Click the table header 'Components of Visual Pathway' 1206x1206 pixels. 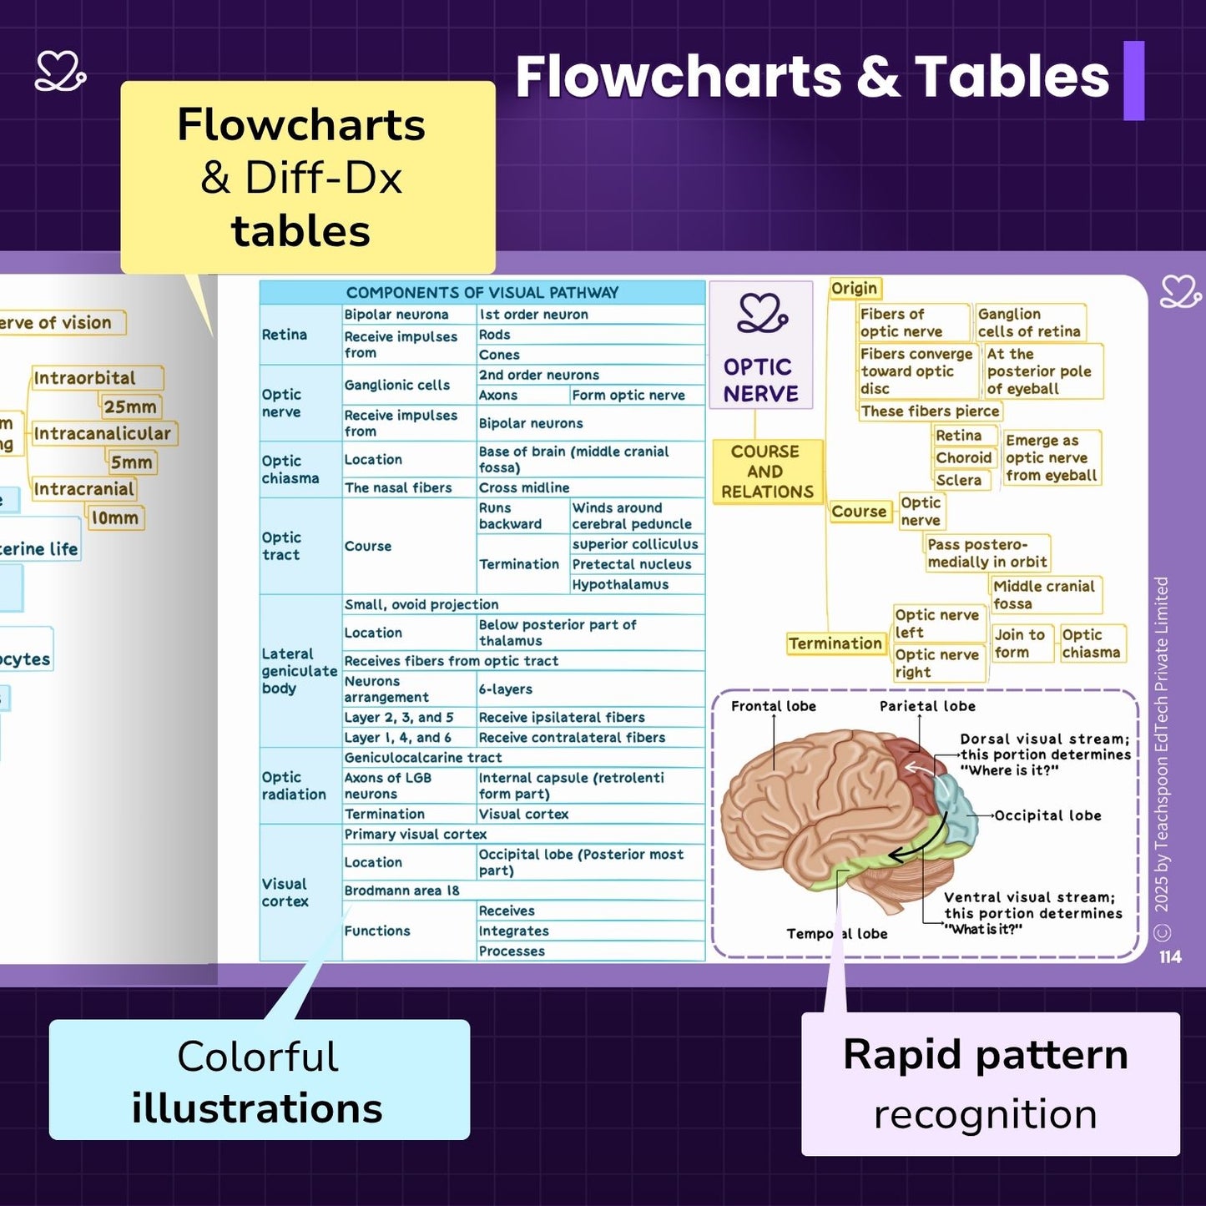pos(482,292)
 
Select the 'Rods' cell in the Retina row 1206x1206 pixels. pos(494,335)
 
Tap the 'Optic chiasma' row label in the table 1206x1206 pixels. pos(290,469)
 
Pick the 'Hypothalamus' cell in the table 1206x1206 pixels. pos(620,584)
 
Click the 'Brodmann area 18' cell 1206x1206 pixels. pos(401,891)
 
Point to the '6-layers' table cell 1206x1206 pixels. pos(505,689)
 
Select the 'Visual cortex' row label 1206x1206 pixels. pos(285,892)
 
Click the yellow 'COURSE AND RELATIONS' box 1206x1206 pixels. pos(766,472)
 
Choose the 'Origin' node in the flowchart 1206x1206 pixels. pos(854,289)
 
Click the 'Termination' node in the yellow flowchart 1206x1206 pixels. pos(835,643)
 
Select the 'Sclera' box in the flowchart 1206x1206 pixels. pos(958,480)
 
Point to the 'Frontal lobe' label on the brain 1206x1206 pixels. pos(773,706)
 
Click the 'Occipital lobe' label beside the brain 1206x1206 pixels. pos(1047,815)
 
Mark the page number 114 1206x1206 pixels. pos(1169,957)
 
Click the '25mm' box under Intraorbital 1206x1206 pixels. pos(130,407)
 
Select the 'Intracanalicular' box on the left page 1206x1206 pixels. pos(102,434)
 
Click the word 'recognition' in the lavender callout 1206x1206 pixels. pos(985,1114)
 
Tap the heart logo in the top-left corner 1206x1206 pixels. pos(60,72)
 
